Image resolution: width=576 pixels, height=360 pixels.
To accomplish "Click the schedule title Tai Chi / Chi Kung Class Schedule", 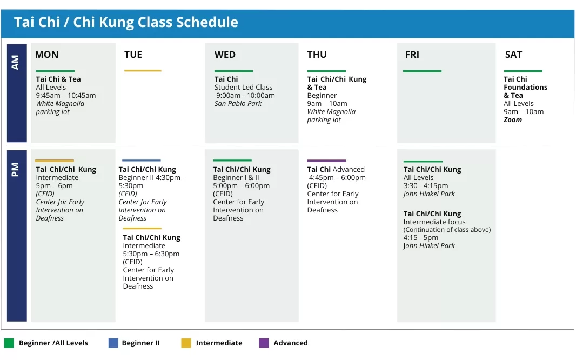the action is [126, 22].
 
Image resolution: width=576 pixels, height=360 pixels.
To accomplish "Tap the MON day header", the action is [46, 55].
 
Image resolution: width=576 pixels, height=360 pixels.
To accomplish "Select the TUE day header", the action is [133, 55].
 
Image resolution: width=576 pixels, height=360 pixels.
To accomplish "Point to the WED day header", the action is [225, 55].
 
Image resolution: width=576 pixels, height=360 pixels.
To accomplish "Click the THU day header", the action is [317, 55].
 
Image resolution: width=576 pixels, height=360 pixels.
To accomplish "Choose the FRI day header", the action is [412, 55].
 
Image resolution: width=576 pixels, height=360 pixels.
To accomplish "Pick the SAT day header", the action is [513, 55].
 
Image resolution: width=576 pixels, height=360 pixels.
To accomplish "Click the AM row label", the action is [15, 63].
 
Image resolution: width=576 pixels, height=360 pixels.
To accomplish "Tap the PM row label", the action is [15, 170].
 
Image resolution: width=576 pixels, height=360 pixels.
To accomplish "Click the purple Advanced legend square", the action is [264, 343].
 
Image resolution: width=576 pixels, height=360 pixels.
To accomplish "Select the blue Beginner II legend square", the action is [113, 343].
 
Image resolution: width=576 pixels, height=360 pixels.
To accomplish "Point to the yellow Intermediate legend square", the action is [186, 343].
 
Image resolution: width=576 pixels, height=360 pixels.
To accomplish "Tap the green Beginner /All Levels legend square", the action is [9, 343].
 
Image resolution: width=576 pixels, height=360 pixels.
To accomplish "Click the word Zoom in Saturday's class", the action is [512, 120].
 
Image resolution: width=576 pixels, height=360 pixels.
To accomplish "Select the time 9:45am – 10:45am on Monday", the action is [66, 96].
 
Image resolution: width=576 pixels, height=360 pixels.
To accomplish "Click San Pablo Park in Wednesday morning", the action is [238, 104].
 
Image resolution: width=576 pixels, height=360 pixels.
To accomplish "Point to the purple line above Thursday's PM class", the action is [326, 161].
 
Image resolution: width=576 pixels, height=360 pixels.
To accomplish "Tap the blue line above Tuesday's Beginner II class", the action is [142, 161].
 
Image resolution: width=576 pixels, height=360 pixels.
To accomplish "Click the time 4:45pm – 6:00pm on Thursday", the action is [337, 178].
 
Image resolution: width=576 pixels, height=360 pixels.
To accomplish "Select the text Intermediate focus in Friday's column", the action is [434, 222].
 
